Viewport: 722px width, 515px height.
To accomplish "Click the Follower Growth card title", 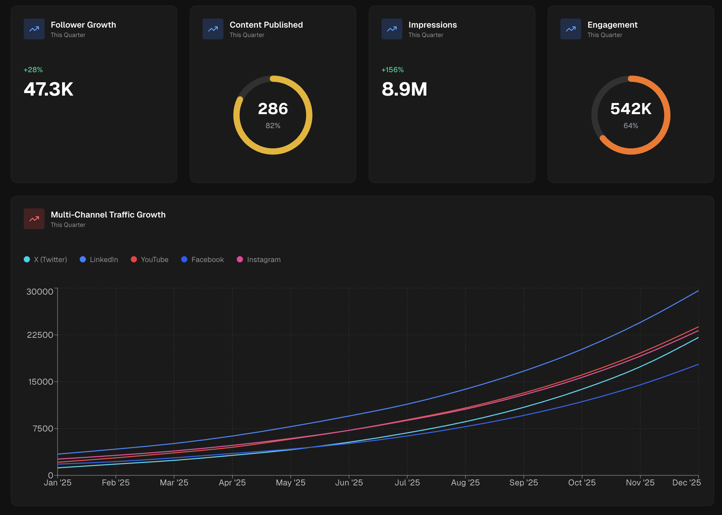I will click(83, 25).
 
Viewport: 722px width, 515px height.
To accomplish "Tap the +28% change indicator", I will click(33, 70).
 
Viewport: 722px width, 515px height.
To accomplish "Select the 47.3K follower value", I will click(48, 89).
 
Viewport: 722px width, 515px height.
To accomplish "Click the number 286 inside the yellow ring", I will click(273, 109).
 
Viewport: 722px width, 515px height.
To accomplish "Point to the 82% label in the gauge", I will click(273, 125).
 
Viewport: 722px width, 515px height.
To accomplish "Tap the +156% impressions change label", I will click(393, 70).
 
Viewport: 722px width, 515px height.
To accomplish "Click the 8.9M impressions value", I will click(404, 89).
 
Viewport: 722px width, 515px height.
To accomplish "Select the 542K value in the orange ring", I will click(631, 109).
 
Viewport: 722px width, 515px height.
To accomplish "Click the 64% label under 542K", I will click(631, 125).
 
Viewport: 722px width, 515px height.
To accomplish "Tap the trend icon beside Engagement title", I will click(570, 29).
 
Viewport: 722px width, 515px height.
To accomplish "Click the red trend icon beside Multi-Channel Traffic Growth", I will click(34, 219).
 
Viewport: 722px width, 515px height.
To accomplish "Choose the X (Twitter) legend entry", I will click(46, 259).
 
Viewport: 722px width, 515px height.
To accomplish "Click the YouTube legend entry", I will click(150, 259).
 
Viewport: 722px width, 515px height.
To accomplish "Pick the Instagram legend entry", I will click(259, 259).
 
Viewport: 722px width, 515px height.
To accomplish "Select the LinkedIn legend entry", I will click(99, 259).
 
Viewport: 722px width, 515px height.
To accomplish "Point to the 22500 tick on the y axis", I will click(40, 335).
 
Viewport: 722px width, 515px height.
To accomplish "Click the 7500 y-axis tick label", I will click(43, 429).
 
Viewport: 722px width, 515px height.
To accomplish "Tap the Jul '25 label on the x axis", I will click(407, 482).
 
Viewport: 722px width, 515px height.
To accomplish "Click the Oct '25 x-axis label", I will click(582, 482).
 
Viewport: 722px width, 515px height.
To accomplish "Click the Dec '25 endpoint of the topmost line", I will click(698, 291).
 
